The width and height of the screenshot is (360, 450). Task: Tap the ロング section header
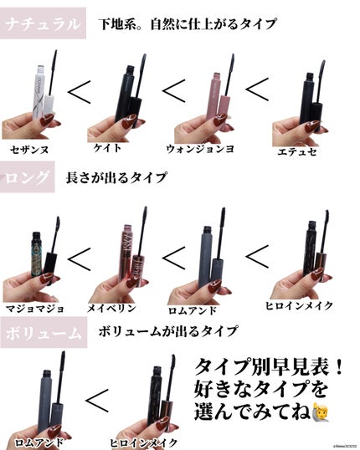click(x=26, y=177)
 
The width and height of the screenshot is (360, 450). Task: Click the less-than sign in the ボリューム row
click(x=97, y=402)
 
